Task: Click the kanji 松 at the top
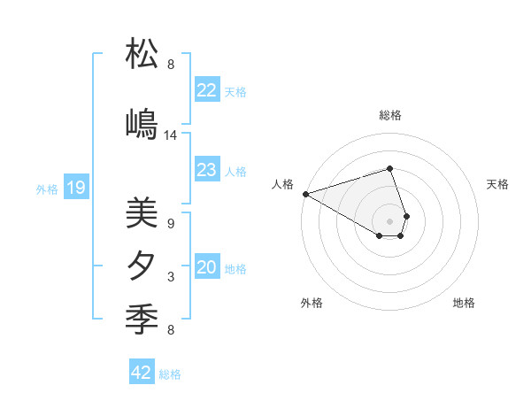point(142,55)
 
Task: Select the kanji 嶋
point(142,125)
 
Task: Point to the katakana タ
point(142,266)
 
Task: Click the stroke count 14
point(171,135)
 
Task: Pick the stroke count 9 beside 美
point(171,224)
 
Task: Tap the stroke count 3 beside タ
point(171,277)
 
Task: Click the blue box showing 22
point(206,90)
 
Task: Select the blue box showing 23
point(206,170)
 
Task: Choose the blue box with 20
point(206,267)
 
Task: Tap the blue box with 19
point(76,188)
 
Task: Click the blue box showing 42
point(142,373)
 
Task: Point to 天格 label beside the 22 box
point(235,92)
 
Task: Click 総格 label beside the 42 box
point(170,374)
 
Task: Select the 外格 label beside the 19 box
point(46,189)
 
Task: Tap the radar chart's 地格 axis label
point(464,303)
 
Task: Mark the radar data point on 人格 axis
point(305,194)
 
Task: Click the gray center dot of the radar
point(389,220)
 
